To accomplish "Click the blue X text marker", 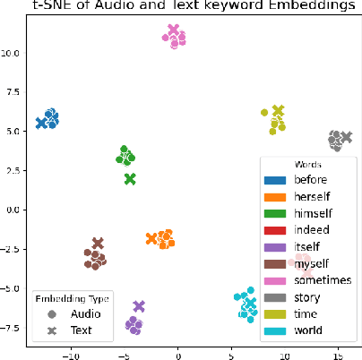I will [41, 123].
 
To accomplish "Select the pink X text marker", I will [174, 31].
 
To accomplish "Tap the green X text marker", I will [130, 179].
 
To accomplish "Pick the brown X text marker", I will [98, 244].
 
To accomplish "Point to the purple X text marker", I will [139, 306].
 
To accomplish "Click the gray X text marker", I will [346, 137].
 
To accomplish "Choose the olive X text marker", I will [278, 112].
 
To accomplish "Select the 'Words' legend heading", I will [308, 166].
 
